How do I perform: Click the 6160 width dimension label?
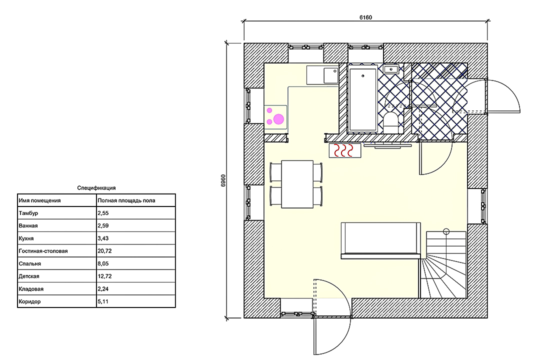[x=365, y=17]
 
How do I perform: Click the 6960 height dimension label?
[x=223, y=180]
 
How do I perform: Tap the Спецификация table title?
[x=96, y=188]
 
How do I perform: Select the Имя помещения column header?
[x=39, y=200]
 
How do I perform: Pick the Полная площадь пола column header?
[x=126, y=200]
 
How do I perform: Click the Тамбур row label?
[x=28, y=213]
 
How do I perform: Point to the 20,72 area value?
[x=104, y=251]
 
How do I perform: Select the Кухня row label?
[x=26, y=238]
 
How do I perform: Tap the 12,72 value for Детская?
[x=104, y=276]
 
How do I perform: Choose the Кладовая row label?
[x=31, y=289]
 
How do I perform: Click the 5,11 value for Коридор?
[x=103, y=301]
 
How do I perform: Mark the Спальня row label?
[x=29, y=264]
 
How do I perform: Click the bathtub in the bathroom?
[x=362, y=98]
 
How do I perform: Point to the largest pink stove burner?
[x=278, y=119]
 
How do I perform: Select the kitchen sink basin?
[x=330, y=75]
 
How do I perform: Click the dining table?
[x=297, y=184]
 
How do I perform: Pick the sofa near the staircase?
[x=381, y=240]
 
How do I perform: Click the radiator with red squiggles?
[x=345, y=150]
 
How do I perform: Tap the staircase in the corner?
[x=443, y=264]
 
